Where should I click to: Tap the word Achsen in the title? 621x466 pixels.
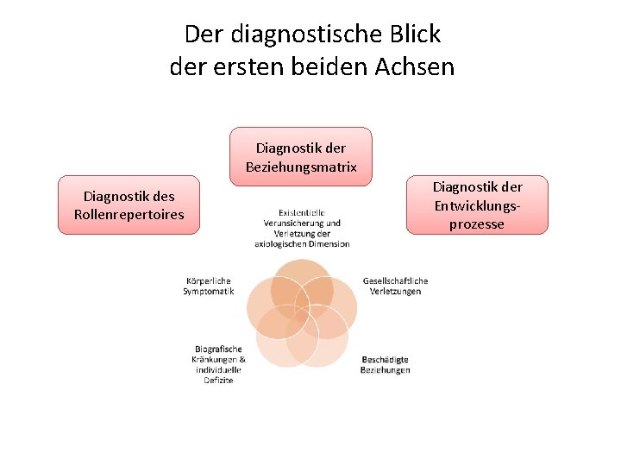414,66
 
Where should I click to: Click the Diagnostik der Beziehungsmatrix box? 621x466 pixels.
301,156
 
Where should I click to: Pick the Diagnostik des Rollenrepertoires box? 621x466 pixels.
129,205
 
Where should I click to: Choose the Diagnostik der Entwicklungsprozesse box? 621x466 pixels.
477,205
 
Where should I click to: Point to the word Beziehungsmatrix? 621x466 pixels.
301,166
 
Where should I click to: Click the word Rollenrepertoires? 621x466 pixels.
129,215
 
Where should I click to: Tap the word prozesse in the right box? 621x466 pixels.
477,224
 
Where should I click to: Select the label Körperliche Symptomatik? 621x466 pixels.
208,286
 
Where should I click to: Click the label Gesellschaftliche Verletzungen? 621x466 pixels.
395,286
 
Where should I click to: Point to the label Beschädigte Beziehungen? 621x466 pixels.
385,364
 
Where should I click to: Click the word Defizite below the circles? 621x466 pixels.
218,380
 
